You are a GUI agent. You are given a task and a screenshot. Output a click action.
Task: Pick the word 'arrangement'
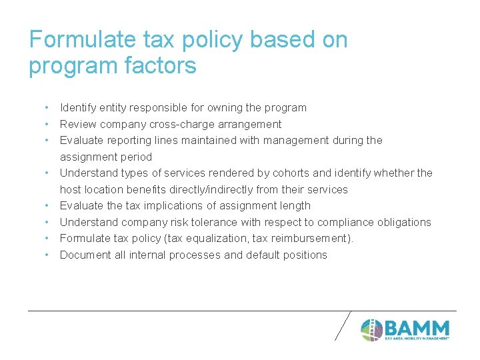click(252, 124)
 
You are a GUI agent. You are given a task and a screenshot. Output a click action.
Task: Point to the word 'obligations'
click(402, 222)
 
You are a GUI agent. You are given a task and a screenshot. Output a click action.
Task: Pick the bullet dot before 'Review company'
click(47, 124)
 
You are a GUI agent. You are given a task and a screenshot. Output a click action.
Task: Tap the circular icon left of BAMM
click(371, 329)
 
